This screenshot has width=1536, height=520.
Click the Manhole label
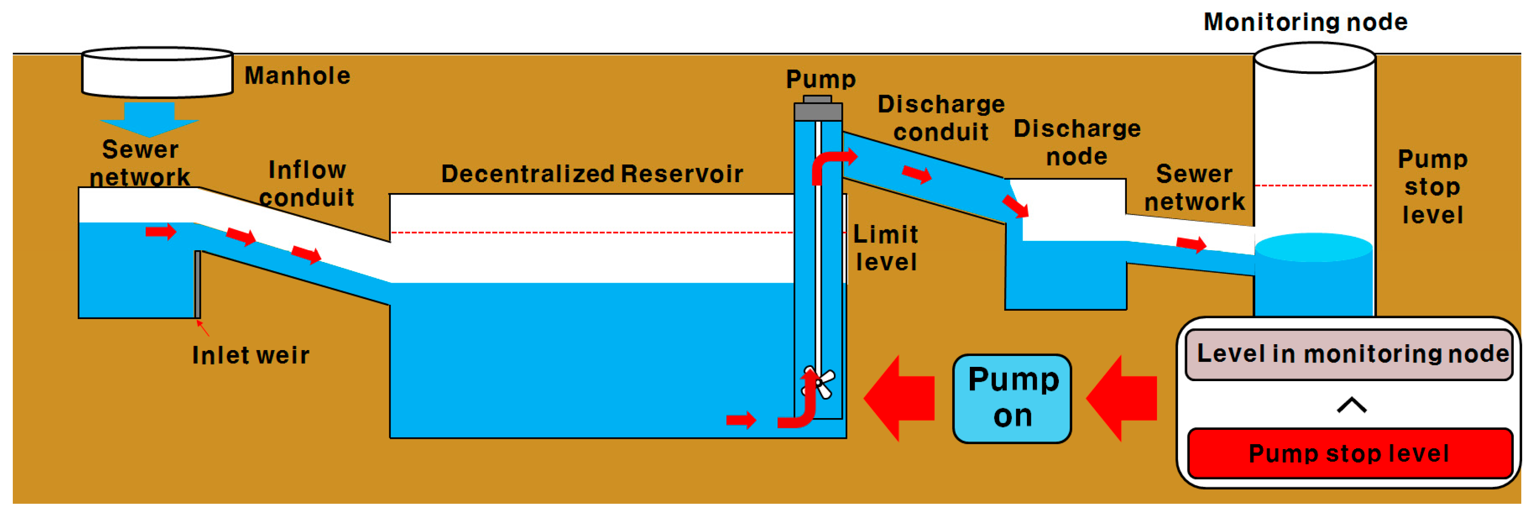pyautogui.click(x=297, y=76)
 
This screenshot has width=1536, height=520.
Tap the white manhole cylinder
pyautogui.click(x=158, y=72)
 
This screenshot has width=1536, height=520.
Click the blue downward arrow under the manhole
pyautogui.click(x=149, y=119)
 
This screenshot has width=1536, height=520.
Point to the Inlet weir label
pyautogui.click(x=251, y=355)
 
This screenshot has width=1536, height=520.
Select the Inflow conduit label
pyautogui.click(x=307, y=184)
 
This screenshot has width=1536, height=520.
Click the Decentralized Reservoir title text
pyautogui.click(x=592, y=173)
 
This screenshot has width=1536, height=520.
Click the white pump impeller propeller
pyautogui.click(x=819, y=382)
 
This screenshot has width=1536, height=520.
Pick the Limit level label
pyautogui.click(x=886, y=248)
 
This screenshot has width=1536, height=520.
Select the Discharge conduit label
pyautogui.click(x=941, y=118)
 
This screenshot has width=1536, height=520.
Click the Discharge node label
pyautogui.click(x=1077, y=142)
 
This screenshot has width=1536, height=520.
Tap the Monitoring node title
pyautogui.click(x=1306, y=22)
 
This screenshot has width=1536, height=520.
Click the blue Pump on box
pyautogui.click(x=1013, y=398)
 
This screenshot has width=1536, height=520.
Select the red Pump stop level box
pyautogui.click(x=1350, y=453)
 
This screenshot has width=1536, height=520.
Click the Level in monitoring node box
pyautogui.click(x=1349, y=354)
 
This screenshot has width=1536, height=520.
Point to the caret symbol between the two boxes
pyautogui.click(x=1352, y=405)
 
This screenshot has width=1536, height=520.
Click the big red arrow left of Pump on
pyautogui.click(x=899, y=398)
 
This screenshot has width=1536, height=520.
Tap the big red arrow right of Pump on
pyautogui.click(x=1121, y=398)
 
